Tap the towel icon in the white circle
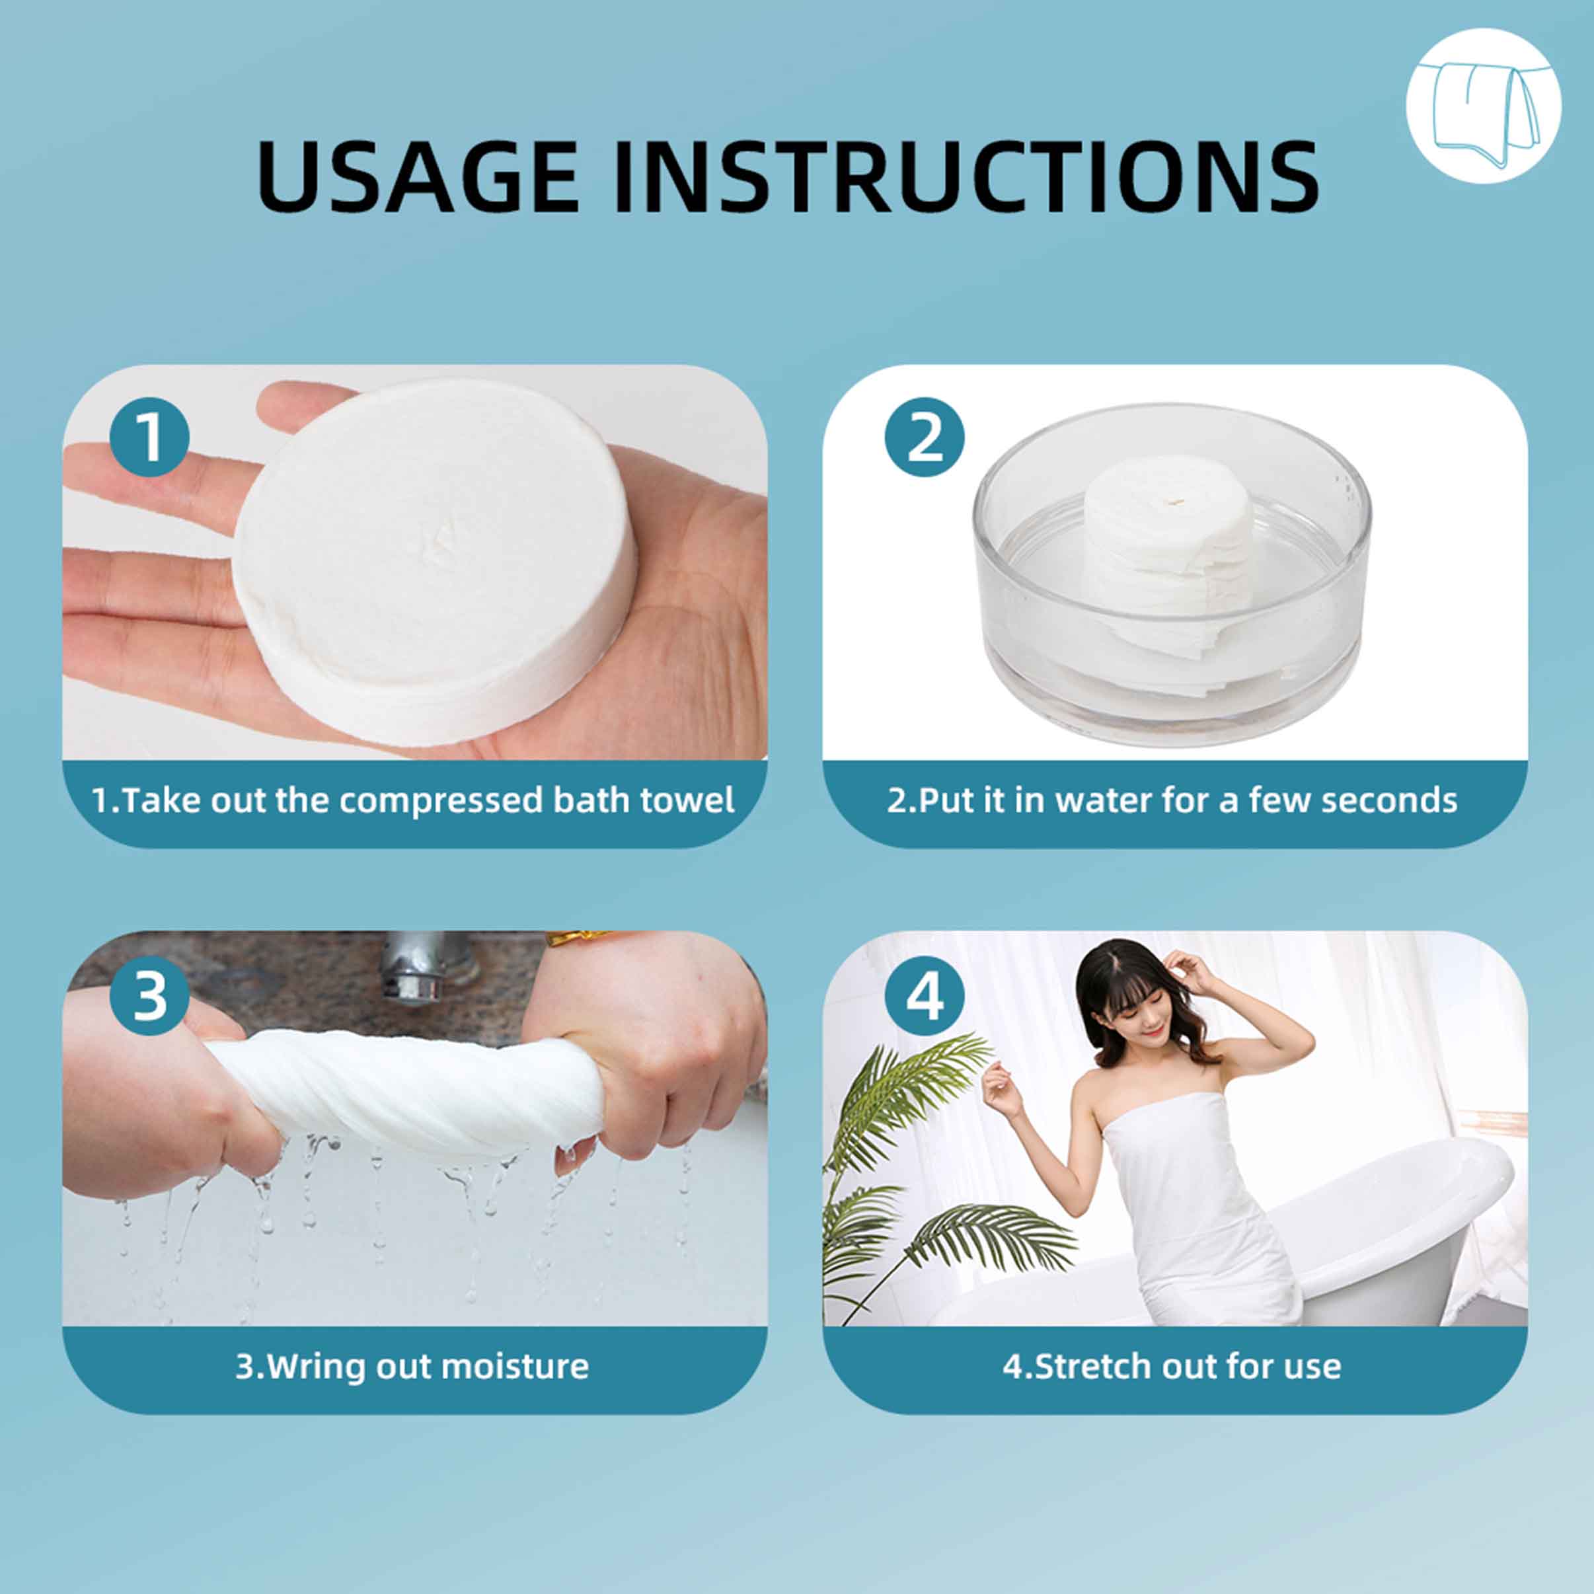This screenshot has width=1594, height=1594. [x=1482, y=106]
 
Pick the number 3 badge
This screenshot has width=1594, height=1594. [x=149, y=996]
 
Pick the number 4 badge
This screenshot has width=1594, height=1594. [x=924, y=996]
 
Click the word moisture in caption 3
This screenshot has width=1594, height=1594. [x=515, y=1366]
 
